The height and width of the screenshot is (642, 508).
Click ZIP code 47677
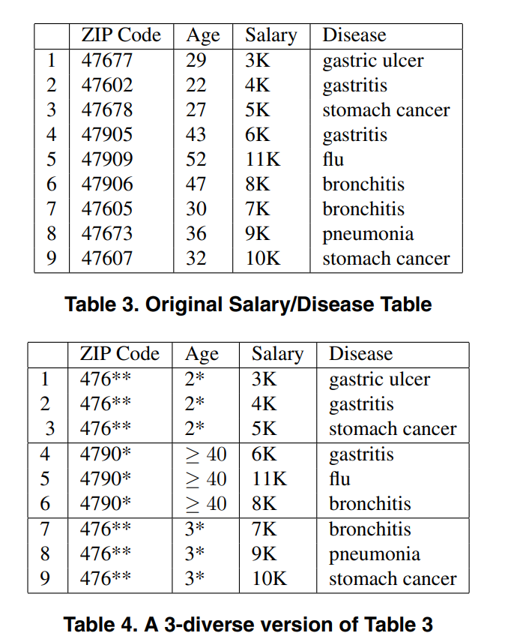point(106,61)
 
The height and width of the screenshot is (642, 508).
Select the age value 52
point(196,160)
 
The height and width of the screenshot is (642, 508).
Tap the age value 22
point(196,85)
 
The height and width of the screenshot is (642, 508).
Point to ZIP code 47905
point(106,135)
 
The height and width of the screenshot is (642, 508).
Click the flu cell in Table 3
point(333,160)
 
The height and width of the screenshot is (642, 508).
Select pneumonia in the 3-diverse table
point(375,554)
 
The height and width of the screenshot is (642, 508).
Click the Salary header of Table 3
point(270,35)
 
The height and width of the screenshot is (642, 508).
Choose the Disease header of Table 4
point(360,354)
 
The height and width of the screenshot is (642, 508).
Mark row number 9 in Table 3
point(51,259)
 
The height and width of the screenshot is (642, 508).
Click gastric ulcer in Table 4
point(379,379)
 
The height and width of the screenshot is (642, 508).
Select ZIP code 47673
point(106,234)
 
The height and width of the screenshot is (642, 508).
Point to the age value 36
point(196,234)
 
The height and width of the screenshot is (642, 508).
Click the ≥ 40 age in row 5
point(205,479)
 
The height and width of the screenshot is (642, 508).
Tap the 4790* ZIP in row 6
point(106,504)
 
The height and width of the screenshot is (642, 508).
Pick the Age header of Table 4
point(202,354)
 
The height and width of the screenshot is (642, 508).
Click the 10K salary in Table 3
point(262,259)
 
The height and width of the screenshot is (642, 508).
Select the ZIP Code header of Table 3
point(121,35)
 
